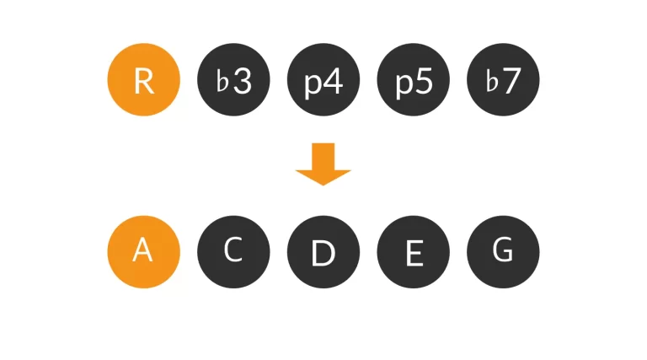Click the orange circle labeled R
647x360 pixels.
coord(143,80)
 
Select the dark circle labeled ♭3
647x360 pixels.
coord(233,80)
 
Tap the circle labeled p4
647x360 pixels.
coord(323,80)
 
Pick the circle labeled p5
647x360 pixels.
coord(414,80)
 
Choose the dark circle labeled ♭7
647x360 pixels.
coord(503,80)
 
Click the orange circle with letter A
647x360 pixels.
coord(143,252)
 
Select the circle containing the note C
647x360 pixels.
coord(233,252)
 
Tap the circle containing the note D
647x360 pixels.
coord(323,252)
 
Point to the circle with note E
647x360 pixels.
coord(414,252)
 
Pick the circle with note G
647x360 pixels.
coord(503,252)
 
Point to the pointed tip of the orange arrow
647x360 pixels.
coord(323,185)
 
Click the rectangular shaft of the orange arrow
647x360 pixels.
coord(323,157)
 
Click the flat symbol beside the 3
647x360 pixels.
coord(222,81)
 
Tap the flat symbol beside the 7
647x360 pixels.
coord(492,81)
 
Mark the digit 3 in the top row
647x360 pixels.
coord(243,81)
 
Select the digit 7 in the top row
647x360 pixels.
coord(512,81)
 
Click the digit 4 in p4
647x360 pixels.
coord(334,81)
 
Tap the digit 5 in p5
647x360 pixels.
coord(424,81)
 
